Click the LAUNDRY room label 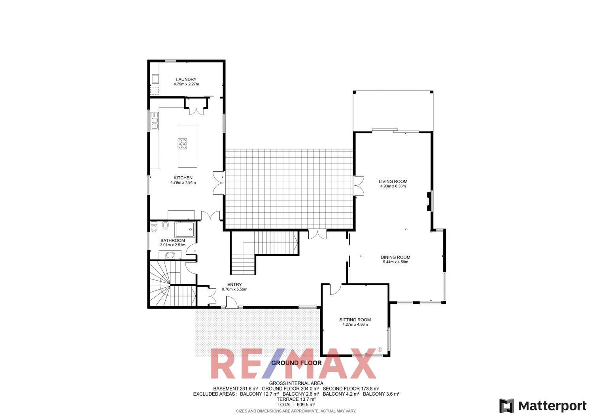pyautogui.click(x=186, y=79)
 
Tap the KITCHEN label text pyautogui.click(x=183, y=178)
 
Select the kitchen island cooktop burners pyautogui.click(x=183, y=143)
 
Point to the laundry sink pyautogui.click(x=155, y=79)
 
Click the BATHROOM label pyautogui.click(x=172, y=240)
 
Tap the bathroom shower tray pyautogui.click(x=185, y=229)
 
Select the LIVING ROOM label pyautogui.click(x=393, y=181)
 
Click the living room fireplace pyautogui.click(x=429, y=201)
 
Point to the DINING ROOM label pyautogui.click(x=395, y=257)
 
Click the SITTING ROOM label pyautogui.click(x=355, y=320)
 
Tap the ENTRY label pyautogui.click(x=234, y=285)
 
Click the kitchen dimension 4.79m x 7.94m pyautogui.click(x=183, y=183)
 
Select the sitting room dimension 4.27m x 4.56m pyautogui.click(x=355, y=325)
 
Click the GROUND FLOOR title pyautogui.click(x=296, y=363)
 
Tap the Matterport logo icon pyautogui.click(x=506, y=406)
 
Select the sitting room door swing pyautogui.click(x=334, y=289)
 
